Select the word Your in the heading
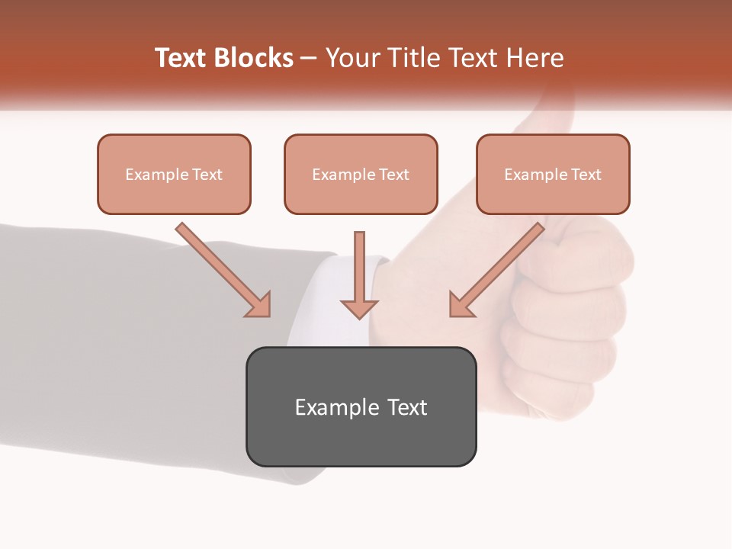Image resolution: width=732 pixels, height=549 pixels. (349, 58)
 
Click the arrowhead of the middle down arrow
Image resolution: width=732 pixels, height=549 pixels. (359, 308)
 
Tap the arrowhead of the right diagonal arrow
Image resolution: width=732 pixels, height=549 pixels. (461, 305)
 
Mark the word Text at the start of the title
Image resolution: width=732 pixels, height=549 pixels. (181, 58)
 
